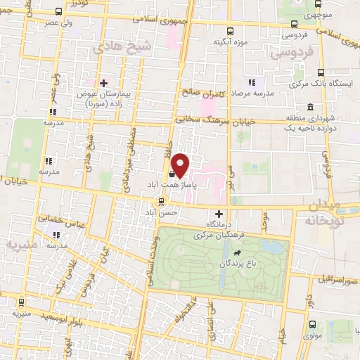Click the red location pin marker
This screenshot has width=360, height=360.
tap(181, 166)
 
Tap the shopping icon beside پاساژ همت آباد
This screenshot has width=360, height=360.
tap(172, 174)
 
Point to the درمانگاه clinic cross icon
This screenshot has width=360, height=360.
tap(219, 214)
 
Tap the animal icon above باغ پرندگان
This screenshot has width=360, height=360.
tap(238, 252)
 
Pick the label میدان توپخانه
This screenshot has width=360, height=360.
tap(333, 212)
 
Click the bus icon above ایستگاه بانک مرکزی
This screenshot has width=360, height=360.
tap(321, 72)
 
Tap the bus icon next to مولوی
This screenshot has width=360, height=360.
tap(312, 326)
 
